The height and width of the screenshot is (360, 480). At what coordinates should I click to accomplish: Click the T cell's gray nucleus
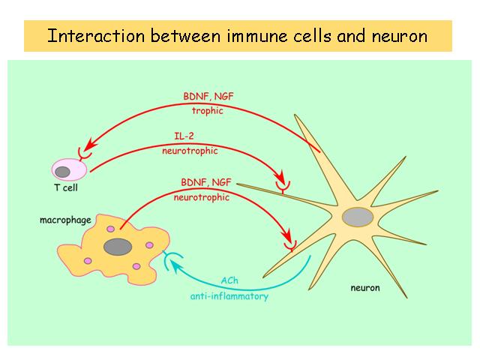click(62, 172)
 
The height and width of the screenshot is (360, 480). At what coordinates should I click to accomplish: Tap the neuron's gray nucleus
click(358, 217)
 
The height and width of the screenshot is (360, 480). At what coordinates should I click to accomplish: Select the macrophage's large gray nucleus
click(118, 247)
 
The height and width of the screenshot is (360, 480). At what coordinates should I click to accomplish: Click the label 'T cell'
click(66, 187)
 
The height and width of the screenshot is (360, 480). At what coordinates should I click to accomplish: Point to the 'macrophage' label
click(65, 220)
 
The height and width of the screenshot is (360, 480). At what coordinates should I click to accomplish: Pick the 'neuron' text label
click(365, 288)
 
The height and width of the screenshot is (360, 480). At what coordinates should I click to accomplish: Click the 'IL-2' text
click(184, 136)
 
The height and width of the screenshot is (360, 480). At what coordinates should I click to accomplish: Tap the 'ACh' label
click(229, 280)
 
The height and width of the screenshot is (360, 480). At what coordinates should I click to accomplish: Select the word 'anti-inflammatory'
click(229, 296)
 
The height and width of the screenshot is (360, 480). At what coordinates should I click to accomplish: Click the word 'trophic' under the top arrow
click(208, 110)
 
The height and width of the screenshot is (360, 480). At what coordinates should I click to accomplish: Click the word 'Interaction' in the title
click(96, 35)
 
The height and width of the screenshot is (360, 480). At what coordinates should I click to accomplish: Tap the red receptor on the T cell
click(84, 154)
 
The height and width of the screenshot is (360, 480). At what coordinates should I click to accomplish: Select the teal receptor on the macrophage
click(170, 259)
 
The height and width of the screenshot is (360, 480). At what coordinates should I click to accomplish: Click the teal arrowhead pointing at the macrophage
click(177, 265)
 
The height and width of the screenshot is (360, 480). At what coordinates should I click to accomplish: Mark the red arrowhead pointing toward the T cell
click(91, 144)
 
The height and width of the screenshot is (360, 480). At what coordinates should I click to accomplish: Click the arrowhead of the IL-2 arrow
click(280, 177)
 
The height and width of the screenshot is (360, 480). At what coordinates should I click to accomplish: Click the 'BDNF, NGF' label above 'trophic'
click(208, 97)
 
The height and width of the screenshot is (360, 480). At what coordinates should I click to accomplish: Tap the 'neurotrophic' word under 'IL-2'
click(190, 151)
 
